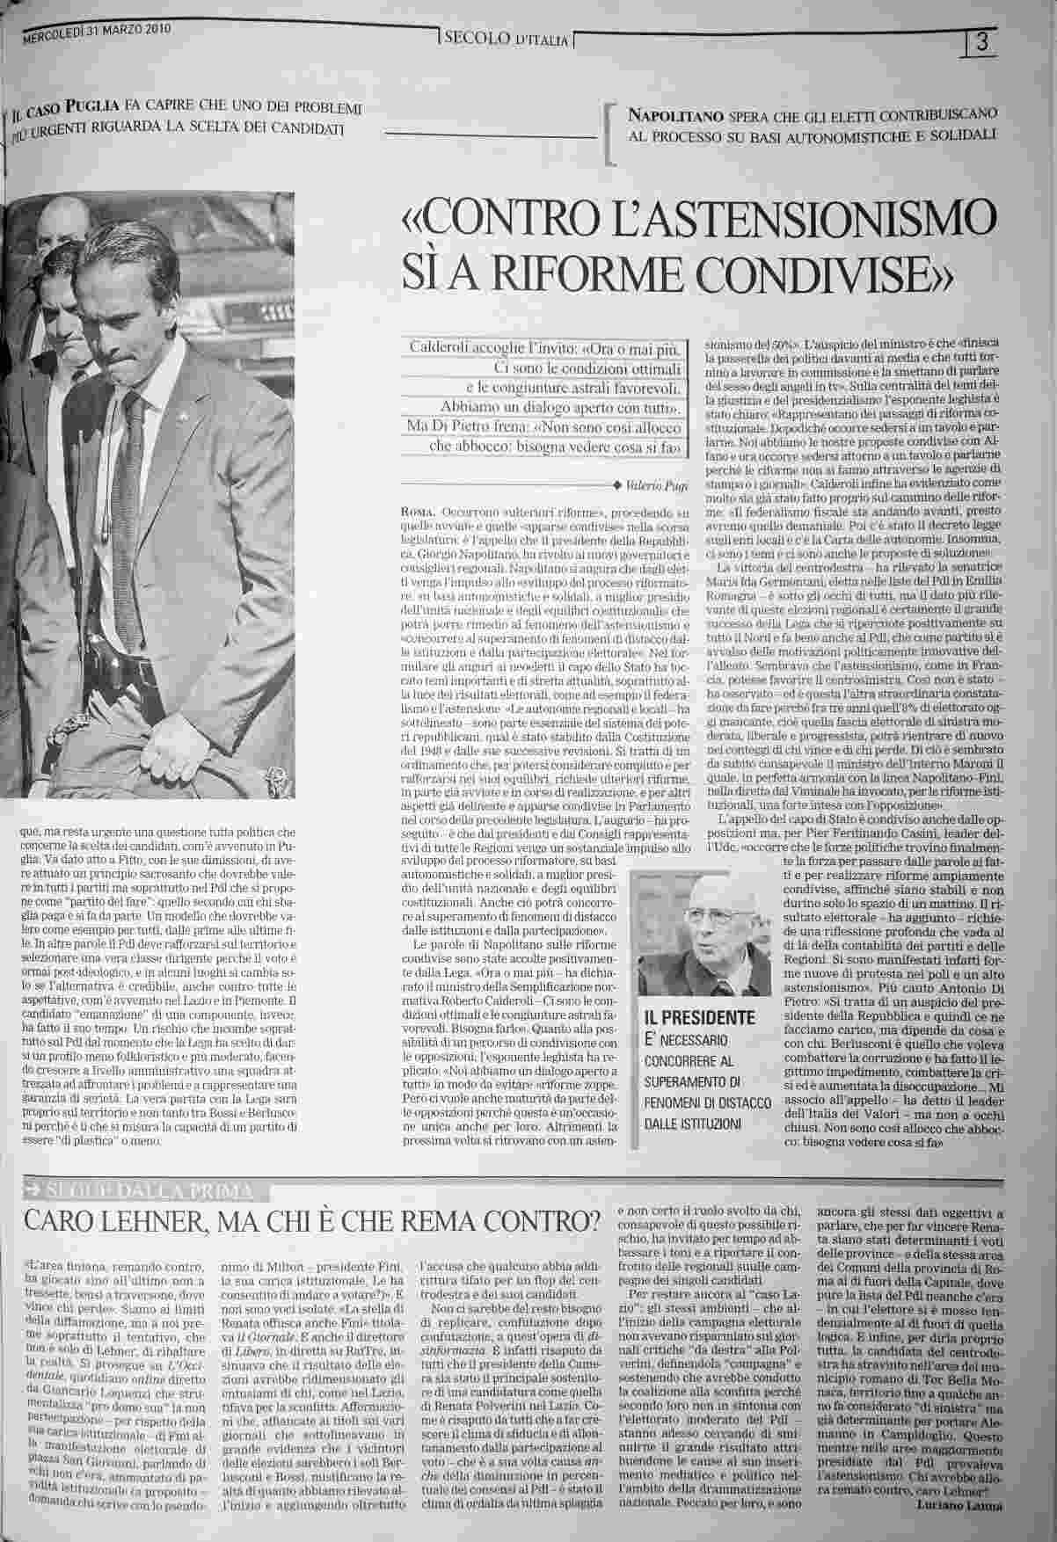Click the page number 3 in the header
(x=982, y=41)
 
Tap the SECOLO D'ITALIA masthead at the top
(x=507, y=38)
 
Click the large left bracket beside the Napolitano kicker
(x=609, y=132)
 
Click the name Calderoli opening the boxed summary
(x=442, y=348)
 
